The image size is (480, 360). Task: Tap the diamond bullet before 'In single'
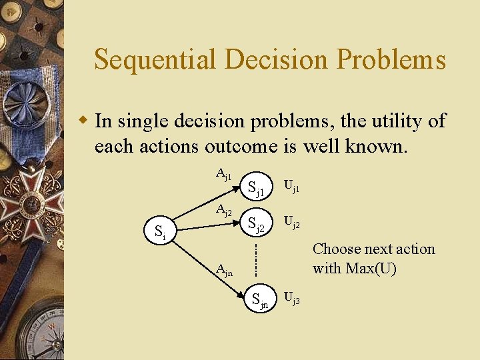(83, 121)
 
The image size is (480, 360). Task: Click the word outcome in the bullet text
(241, 145)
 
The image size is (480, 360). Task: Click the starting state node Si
(161, 233)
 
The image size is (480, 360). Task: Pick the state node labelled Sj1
(257, 190)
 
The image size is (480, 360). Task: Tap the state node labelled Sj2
(257, 227)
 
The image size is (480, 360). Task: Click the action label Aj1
(224, 175)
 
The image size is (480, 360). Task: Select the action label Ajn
(225, 270)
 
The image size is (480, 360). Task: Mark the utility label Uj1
(292, 186)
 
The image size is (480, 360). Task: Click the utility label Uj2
(292, 223)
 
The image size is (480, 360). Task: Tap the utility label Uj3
(292, 299)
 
